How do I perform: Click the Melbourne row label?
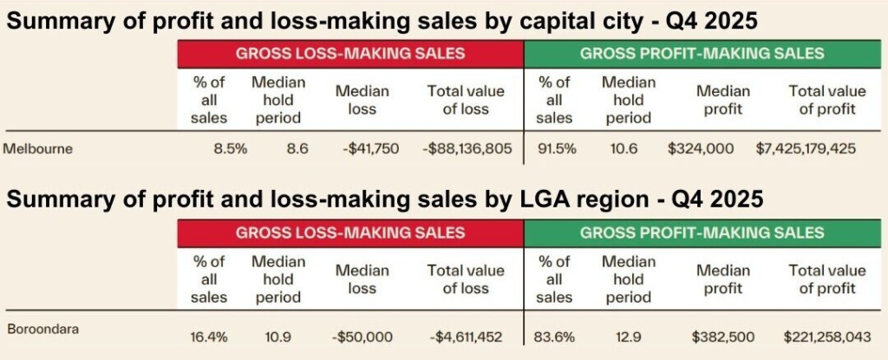[38, 148]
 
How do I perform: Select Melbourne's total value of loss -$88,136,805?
[467, 148]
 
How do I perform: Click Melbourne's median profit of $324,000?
[701, 148]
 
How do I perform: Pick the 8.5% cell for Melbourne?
[231, 148]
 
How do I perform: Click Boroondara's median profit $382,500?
[723, 337]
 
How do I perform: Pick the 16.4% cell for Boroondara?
[208, 337]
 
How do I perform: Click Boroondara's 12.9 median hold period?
[626, 337]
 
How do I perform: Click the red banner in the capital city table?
[350, 54]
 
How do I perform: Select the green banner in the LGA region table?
[702, 233]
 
